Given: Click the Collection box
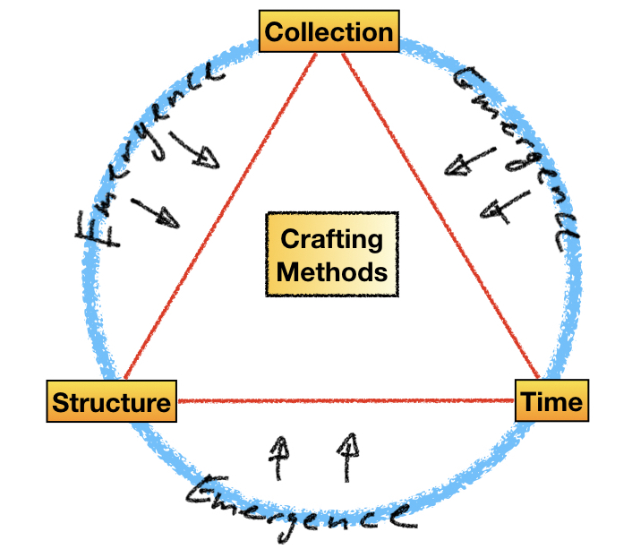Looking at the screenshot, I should [329, 33].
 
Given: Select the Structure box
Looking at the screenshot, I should [111, 402].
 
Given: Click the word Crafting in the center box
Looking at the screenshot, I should [331, 240].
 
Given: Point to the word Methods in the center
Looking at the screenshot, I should [332, 270].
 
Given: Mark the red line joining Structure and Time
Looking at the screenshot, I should [345, 400].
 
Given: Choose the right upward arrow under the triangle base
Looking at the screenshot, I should [349, 452].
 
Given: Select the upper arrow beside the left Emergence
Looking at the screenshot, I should [194, 150].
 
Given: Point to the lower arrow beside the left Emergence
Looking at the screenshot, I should [158, 211].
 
